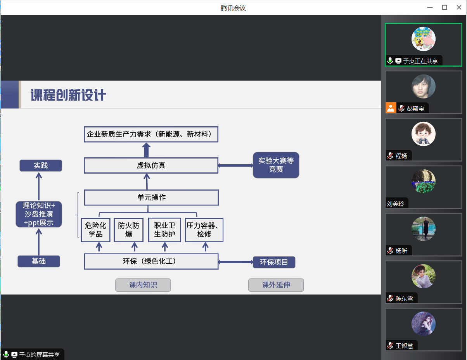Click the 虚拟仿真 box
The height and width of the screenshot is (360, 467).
(151, 165)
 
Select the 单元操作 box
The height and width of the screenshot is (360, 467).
(151, 198)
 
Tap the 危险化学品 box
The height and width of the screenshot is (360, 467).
(95, 230)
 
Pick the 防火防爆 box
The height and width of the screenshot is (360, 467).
(128, 230)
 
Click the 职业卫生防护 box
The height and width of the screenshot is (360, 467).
(164, 230)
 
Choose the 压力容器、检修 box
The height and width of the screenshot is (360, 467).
(204, 230)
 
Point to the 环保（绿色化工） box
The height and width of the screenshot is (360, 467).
(151, 261)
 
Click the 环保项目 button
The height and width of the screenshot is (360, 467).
(274, 262)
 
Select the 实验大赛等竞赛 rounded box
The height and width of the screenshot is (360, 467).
(276, 165)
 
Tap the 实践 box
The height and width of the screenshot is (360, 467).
(41, 165)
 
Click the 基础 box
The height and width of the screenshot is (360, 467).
(39, 261)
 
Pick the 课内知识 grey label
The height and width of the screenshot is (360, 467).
(143, 285)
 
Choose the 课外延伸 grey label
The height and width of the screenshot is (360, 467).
(276, 285)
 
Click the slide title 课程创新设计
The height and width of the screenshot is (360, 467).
(68, 95)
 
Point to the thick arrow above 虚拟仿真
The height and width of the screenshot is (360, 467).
(146, 150)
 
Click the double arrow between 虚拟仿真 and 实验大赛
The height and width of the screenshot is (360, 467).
(235, 165)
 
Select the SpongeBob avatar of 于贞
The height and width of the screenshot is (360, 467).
(423, 39)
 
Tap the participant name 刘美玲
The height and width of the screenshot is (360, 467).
(395, 203)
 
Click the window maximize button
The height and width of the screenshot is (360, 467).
(445, 7)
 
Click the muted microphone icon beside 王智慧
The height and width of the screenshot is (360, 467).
(390, 346)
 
